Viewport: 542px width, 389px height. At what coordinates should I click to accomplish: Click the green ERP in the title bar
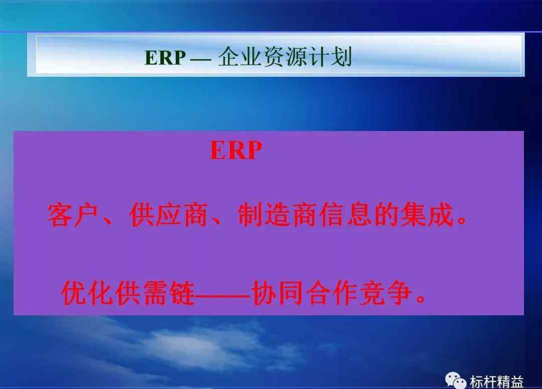click(x=165, y=57)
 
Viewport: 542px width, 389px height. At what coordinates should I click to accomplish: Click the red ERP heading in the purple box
click(x=235, y=150)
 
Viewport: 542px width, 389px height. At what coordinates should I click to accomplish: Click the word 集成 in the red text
click(x=427, y=215)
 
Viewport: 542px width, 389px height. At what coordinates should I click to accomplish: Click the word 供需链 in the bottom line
click(x=155, y=293)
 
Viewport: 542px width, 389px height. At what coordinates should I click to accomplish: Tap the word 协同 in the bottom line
click(x=278, y=293)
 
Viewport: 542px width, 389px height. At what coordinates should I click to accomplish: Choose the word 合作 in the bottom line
click(x=332, y=293)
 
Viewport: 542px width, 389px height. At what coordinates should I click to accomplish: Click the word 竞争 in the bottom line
click(x=386, y=293)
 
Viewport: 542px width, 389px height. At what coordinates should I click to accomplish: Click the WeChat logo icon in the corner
click(x=455, y=380)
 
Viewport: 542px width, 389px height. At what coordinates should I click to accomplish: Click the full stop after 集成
click(x=461, y=219)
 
